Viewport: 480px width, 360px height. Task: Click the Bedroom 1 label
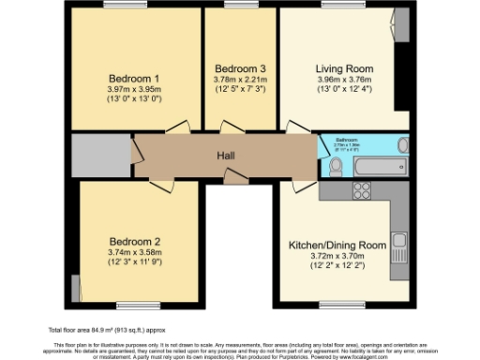click(x=133, y=78)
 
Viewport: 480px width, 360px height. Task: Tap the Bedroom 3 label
click(x=241, y=68)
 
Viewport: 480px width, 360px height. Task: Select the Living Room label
click(x=344, y=68)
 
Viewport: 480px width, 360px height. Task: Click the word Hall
click(x=226, y=156)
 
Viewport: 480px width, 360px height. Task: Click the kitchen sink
click(x=399, y=247)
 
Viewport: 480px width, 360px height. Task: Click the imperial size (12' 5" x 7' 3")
click(x=241, y=92)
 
